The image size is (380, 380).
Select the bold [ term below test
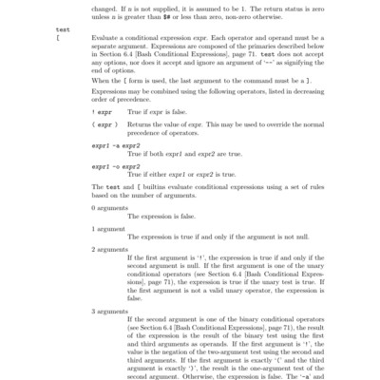click(x=58, y=39)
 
